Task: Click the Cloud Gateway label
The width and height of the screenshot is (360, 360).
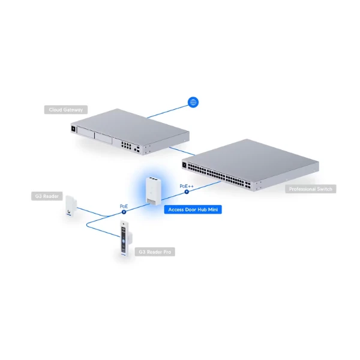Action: (x=66, y=110)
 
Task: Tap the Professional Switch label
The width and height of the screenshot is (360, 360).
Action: (x=311, y=189)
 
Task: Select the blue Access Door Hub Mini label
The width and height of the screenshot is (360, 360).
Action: (x=193, y=209)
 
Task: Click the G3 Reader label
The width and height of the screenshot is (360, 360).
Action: (x=47, y=196)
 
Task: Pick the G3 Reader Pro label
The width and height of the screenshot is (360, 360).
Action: (x=155, y=252)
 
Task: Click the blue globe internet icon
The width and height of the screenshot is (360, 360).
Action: (x=193, y=102)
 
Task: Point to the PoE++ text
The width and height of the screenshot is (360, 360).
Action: (x=187, y=186)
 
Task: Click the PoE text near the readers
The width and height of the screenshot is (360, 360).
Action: (x=124, y=206)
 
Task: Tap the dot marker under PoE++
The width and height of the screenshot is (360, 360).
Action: (x=187, y=192)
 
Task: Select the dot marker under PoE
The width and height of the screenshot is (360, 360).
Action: (x=124, y=212)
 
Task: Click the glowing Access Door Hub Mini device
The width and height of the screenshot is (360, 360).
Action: (x=154, y=191)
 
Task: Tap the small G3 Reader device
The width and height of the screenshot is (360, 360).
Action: (x=71, y=206)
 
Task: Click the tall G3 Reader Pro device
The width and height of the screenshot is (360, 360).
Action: (x=125, y=238)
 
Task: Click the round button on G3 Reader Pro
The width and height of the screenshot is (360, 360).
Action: (x=124, y=241)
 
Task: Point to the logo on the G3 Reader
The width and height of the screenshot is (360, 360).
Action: (x=69, y=211)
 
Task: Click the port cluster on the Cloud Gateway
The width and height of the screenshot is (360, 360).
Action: (x=126, y=145)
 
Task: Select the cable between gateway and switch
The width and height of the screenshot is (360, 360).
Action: (x=182, y=151)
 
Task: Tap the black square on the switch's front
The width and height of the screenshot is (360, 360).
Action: (x=184, y=165)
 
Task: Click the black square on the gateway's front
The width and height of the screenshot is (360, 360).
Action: (x=73, y=129)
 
